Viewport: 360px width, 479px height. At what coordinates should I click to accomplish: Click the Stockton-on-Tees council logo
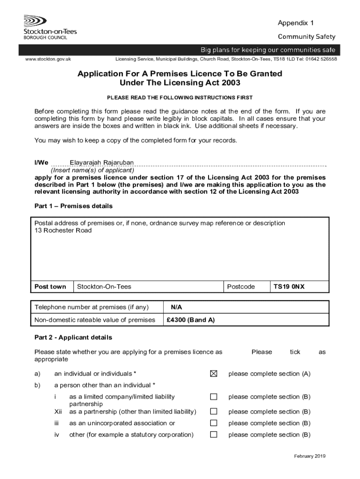coord(50,27)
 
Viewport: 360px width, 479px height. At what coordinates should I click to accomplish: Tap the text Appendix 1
coord(295,23)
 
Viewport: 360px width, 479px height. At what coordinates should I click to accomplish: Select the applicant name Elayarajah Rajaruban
coord(101,163)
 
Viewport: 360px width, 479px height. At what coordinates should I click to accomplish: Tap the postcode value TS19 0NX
coord(288,287)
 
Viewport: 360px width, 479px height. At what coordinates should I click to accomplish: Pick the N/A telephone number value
coord(176,307)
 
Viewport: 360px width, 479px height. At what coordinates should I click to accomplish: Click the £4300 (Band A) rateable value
coord(190,320)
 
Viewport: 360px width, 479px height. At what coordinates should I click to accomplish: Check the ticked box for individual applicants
coord(214,374)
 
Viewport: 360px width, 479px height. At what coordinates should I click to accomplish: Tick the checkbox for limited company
coord(214,397)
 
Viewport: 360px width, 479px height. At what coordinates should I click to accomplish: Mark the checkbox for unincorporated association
coord(214,423)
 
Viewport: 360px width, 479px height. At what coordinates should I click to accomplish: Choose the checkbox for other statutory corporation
coord(214,435)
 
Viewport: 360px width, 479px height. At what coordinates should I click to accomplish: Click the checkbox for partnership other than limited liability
coord(214,412)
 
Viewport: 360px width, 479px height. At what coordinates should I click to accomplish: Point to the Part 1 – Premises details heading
coord(73,206)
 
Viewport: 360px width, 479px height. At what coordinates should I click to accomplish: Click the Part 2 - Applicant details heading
coord(73,337)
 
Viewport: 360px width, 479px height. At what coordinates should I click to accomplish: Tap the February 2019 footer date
coord(310,456)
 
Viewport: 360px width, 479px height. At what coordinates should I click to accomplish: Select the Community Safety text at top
coord(307,37)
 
